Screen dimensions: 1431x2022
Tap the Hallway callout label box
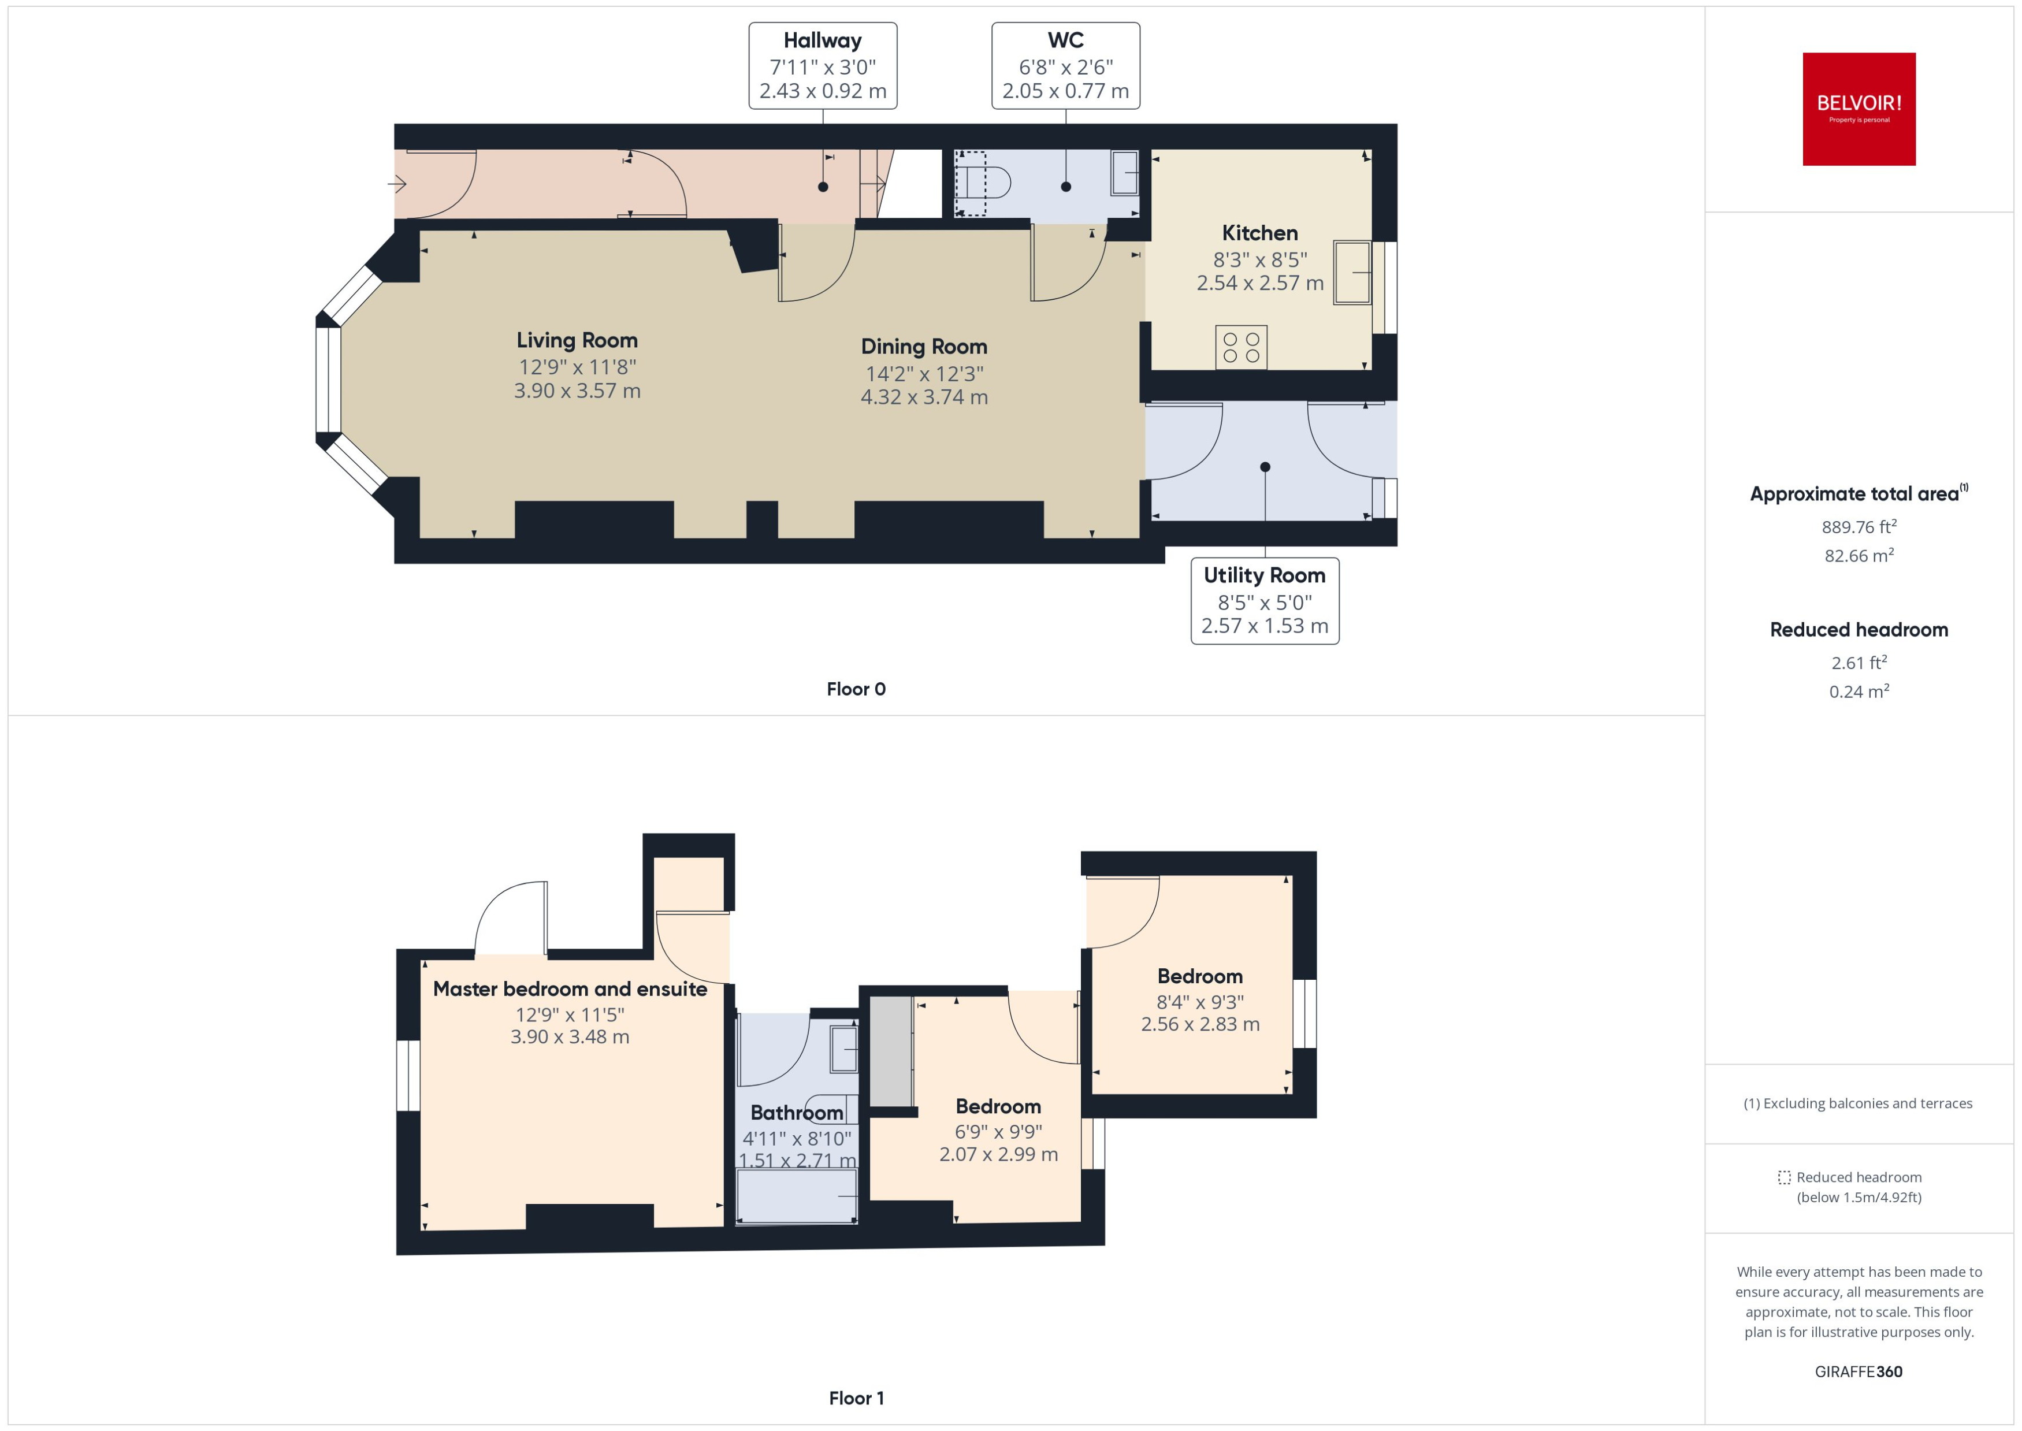coord(822,66)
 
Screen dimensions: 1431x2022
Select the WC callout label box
coord(1065,66)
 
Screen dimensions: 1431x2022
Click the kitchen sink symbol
coord(1351,272)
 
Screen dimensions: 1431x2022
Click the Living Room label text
coord(577,340)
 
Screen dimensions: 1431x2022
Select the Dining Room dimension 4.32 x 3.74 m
coord(924,397)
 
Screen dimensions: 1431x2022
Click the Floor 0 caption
coord(856,689)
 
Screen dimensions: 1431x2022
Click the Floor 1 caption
coord(856,1397)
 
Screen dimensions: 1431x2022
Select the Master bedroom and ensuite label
coord(570,988)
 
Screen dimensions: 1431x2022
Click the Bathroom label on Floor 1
coord(797,1113)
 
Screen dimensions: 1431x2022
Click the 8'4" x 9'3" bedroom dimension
coord(1200,1002)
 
